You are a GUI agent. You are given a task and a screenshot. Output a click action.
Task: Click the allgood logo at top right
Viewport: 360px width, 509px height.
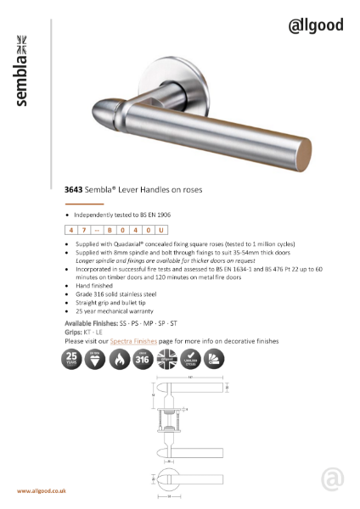(x=317, y=25)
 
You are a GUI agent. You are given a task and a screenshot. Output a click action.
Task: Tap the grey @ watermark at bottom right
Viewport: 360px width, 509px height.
(x=333, y=481)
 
